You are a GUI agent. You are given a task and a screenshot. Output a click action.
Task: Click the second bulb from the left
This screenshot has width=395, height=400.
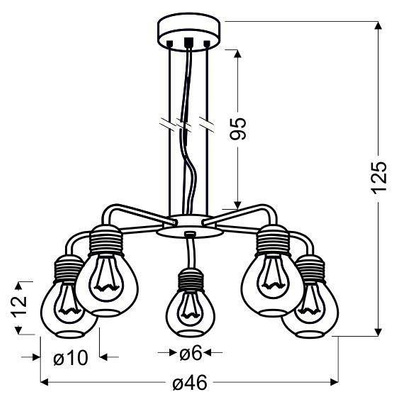tap(102, 279)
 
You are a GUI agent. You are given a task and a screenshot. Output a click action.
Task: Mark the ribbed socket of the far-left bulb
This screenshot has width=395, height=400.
tap(65, 269)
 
